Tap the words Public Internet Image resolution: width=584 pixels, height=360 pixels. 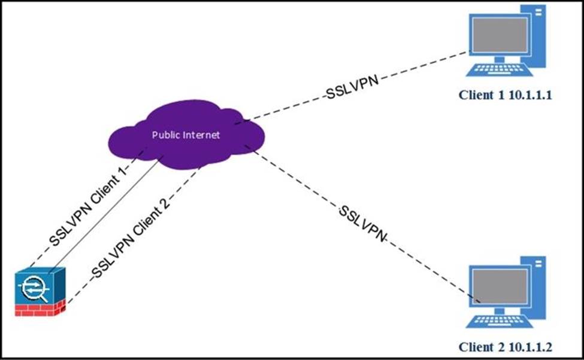coord(186,135)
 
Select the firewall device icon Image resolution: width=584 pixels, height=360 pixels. coord(41,291)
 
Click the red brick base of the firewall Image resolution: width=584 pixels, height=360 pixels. coord(41,310)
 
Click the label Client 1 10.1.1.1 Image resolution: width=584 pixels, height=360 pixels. coord(504,95)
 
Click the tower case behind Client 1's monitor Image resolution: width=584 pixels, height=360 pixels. coord(535,30)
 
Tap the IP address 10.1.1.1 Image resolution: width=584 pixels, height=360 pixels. coord(528,95)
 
